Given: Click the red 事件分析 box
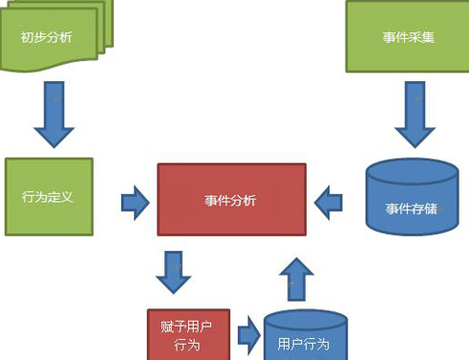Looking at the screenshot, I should point(231,201).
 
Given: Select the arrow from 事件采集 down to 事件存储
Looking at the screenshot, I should point(413,113).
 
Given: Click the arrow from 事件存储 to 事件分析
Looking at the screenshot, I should point(329,201).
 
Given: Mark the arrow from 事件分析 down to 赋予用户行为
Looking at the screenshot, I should point(173,271).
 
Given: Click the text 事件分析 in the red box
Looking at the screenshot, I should point(231,201).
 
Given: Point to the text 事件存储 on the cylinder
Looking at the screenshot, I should point(412,207).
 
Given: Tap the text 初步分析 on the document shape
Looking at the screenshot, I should point(46,39).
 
